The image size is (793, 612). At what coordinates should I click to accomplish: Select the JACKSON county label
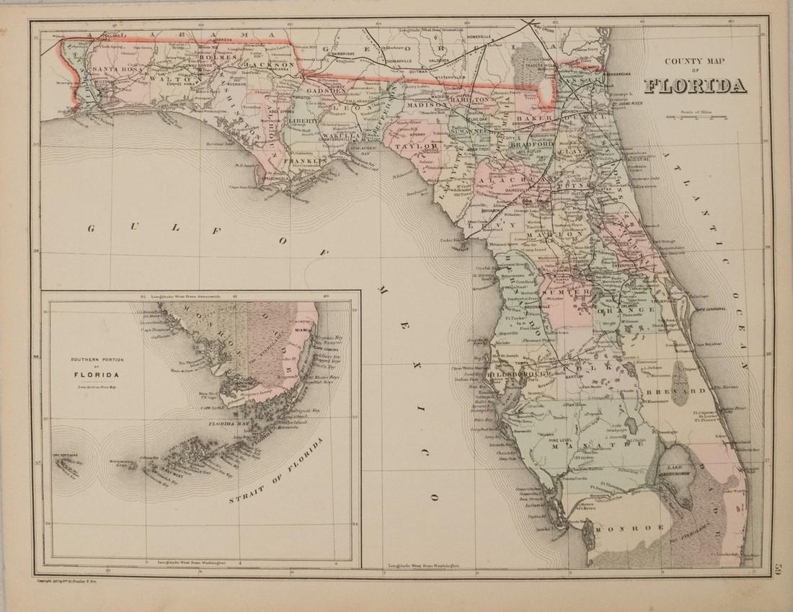[270, 65]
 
